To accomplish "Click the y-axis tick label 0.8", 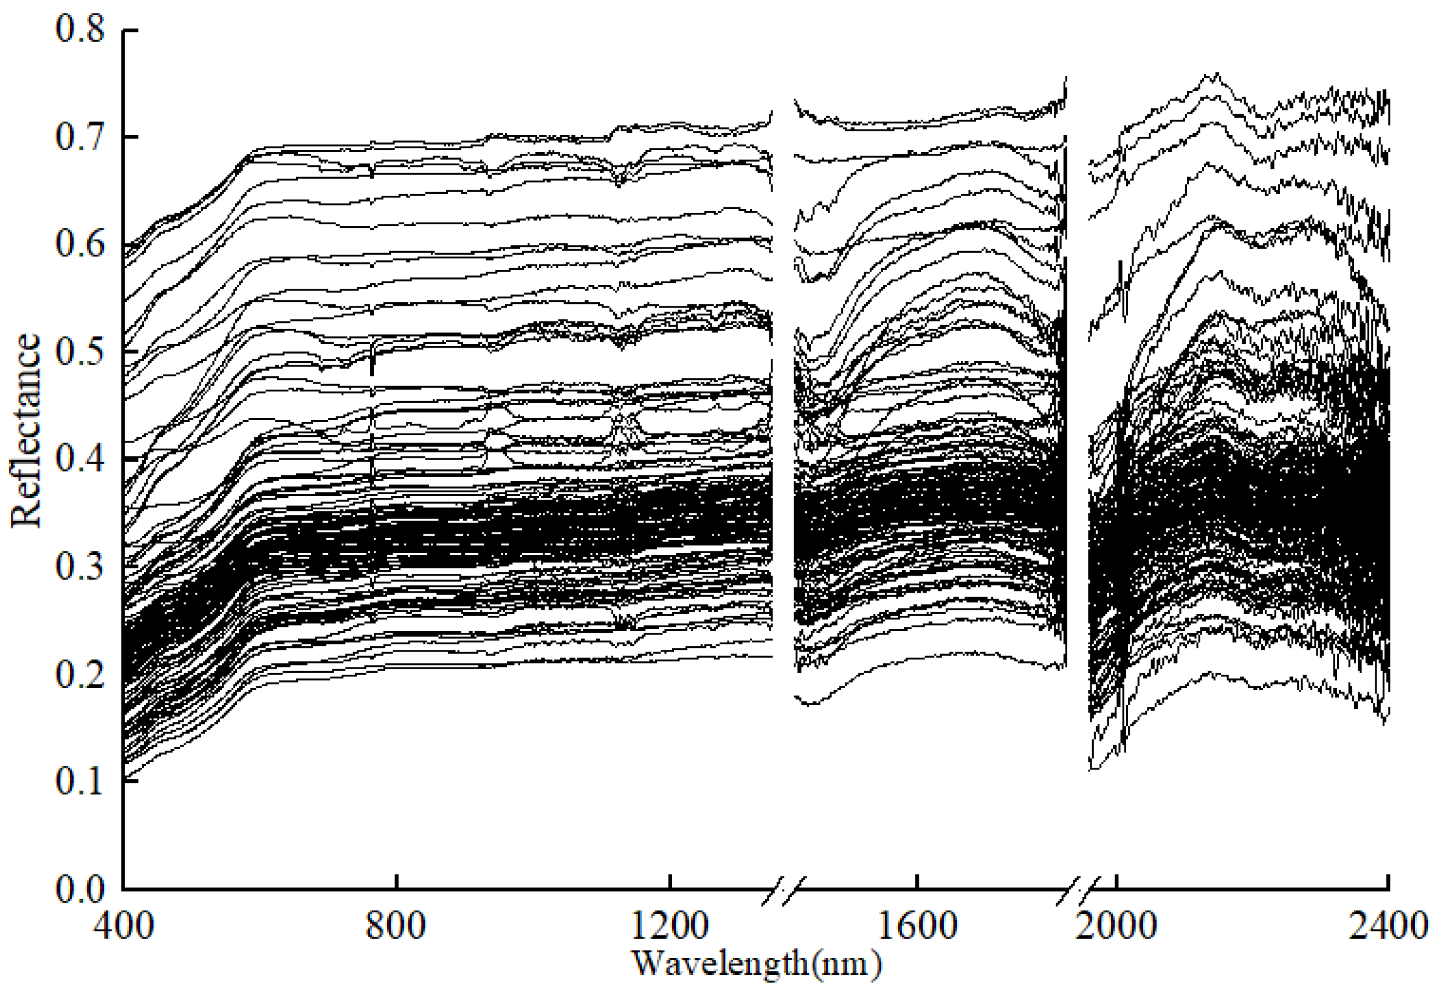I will point(80,30).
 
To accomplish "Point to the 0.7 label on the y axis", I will point(80,137).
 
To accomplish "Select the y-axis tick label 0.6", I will point(80,244).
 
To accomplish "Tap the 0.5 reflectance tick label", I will point(80,352).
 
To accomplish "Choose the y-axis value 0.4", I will point(80,460).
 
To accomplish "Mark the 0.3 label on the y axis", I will point(80,567).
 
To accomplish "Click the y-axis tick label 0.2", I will point(80,673).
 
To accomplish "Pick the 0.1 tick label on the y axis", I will point(80,781).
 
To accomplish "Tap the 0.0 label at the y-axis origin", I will point(80,889).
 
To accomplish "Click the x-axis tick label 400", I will point(123,926).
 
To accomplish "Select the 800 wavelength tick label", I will point(396,926).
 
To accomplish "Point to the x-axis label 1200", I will point(669,926).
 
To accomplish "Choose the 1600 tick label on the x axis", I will point(917,926).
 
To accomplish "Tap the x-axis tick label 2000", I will point(1116,926).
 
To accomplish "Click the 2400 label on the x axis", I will point(1389,926).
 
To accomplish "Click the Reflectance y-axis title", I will point(26,431).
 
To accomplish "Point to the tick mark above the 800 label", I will point(396,882).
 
